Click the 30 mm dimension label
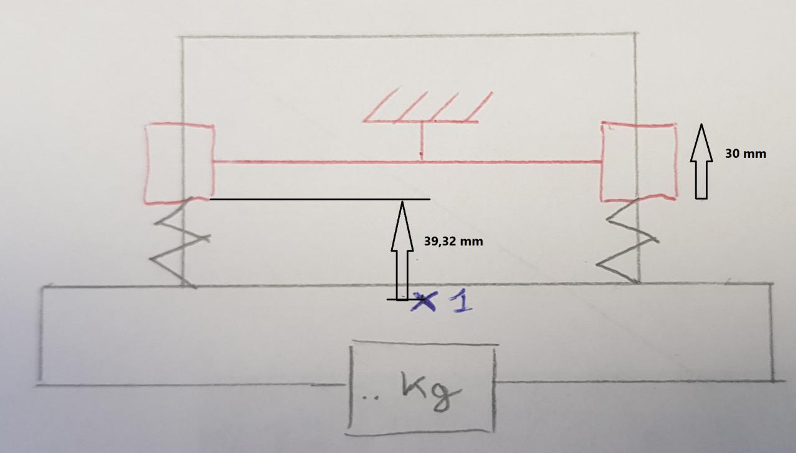746,153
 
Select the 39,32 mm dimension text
453,241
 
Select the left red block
179,163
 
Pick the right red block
639,162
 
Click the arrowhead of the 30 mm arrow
701,133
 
